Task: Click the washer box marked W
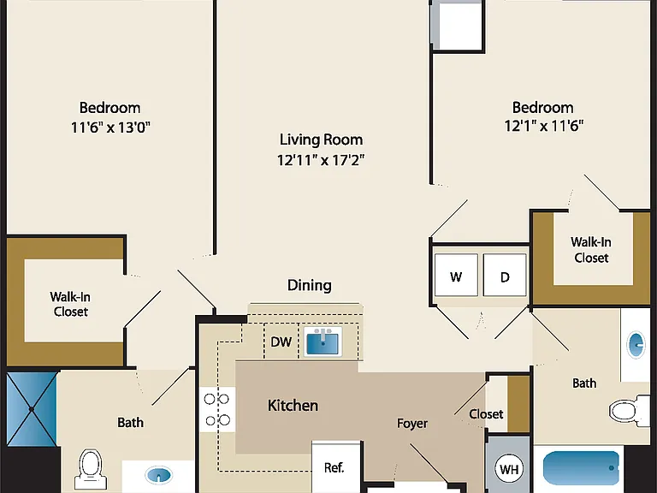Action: point(456,275)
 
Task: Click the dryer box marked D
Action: point(505,275)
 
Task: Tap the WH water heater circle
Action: point(509,469)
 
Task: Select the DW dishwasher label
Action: point(281,342)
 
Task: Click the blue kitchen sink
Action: point(323,342)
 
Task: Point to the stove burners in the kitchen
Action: point(216,409)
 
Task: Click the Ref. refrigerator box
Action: point(335,466)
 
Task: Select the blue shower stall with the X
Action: point(32,409)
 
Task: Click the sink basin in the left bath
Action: point(159,475)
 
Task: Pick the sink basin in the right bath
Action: point(636,345)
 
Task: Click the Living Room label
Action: point(321,140)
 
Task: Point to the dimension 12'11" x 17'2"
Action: point(321,160)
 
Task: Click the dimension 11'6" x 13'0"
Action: point(110,127)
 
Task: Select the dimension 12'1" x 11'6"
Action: point(544,125)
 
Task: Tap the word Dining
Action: point(310,285)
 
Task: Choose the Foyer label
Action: point(412,424)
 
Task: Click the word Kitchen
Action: point(293,406)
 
